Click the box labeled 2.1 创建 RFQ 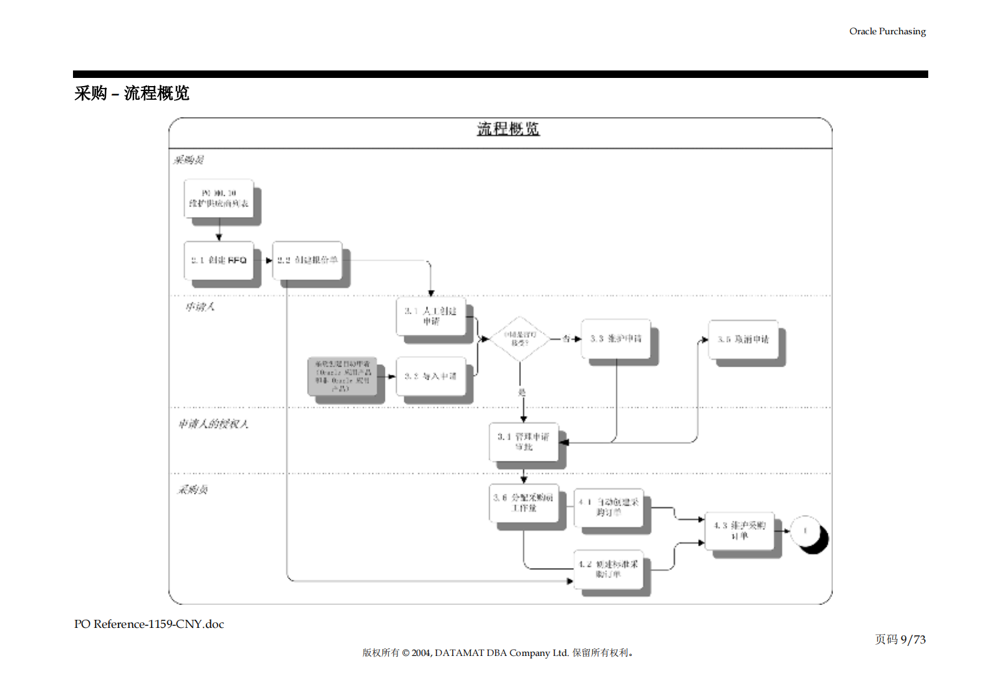pyautogui.click(x=219, y=261)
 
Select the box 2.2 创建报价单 pyautogui.click(x=308, y=261)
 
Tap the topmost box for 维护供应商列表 pyautogui.click(x=219, y=199)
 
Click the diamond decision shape pyautogui.click(x=520, y=339)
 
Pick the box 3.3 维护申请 pyautogui.click(x=616, y=339)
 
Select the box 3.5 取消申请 pyautogui.click(x=743, y=339)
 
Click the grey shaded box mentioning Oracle pyautogui.click(x=342, y=376)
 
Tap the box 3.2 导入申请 pyautogui.click(x=431, y=376)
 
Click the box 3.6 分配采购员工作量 pyautogui.click(x=523, y=503)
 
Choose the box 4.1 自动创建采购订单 pyautogui.click(x=608, y=507)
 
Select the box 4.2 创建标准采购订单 pyautogui.click(x=608, y=569)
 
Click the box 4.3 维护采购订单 pyautogui.click(x=739, y=531)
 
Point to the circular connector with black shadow pyautogui.click(x=807, y=532)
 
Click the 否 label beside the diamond pyautogui.click(x=566, y=339)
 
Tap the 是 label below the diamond pyautogui.click(x=522, y=392)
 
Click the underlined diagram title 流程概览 pyautogui.click(x=508, y=129)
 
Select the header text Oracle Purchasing pyautogui.click(x=887, y=31)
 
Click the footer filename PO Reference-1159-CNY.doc pyautogui.click(x=149, y=624)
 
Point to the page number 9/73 pyautogui.click(x=913, y=640)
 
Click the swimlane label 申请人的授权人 pyautogui.click(x=213, y=424)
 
